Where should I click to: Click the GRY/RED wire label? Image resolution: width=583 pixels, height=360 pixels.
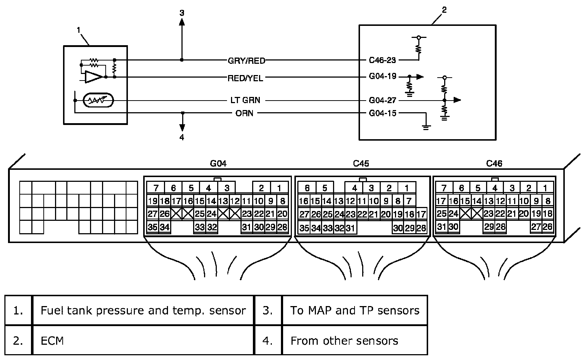246,60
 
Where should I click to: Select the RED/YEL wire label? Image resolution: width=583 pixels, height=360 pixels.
245,78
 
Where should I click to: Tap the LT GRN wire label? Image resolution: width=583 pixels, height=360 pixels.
245,100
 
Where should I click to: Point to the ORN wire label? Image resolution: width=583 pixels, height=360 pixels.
244,113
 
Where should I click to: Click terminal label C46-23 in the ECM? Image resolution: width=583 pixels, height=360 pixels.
382,60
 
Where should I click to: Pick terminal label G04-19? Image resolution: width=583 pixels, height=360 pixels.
383,76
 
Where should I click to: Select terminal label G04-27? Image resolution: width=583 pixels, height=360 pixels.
383,100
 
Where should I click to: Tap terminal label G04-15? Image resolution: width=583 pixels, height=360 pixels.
383,113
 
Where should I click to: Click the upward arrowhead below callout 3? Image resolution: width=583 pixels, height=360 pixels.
182,22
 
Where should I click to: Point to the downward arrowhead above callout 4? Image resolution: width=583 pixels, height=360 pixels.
183,128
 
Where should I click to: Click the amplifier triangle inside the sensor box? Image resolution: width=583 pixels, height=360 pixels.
94,77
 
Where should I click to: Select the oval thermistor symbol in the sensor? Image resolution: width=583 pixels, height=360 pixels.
98,100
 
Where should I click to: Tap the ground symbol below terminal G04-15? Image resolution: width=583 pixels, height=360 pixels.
426,128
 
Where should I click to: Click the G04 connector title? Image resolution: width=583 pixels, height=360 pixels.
218,164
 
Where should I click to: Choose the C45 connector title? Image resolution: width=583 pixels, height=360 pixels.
361,164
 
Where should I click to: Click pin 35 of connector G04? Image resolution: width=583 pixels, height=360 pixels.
153,227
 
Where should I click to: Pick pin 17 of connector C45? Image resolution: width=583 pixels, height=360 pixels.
421,214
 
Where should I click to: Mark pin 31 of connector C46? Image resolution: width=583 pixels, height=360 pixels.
441,227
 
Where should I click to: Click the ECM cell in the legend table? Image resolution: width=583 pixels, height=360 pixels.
143,340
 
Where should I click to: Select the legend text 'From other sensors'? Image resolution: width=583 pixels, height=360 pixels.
344,341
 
